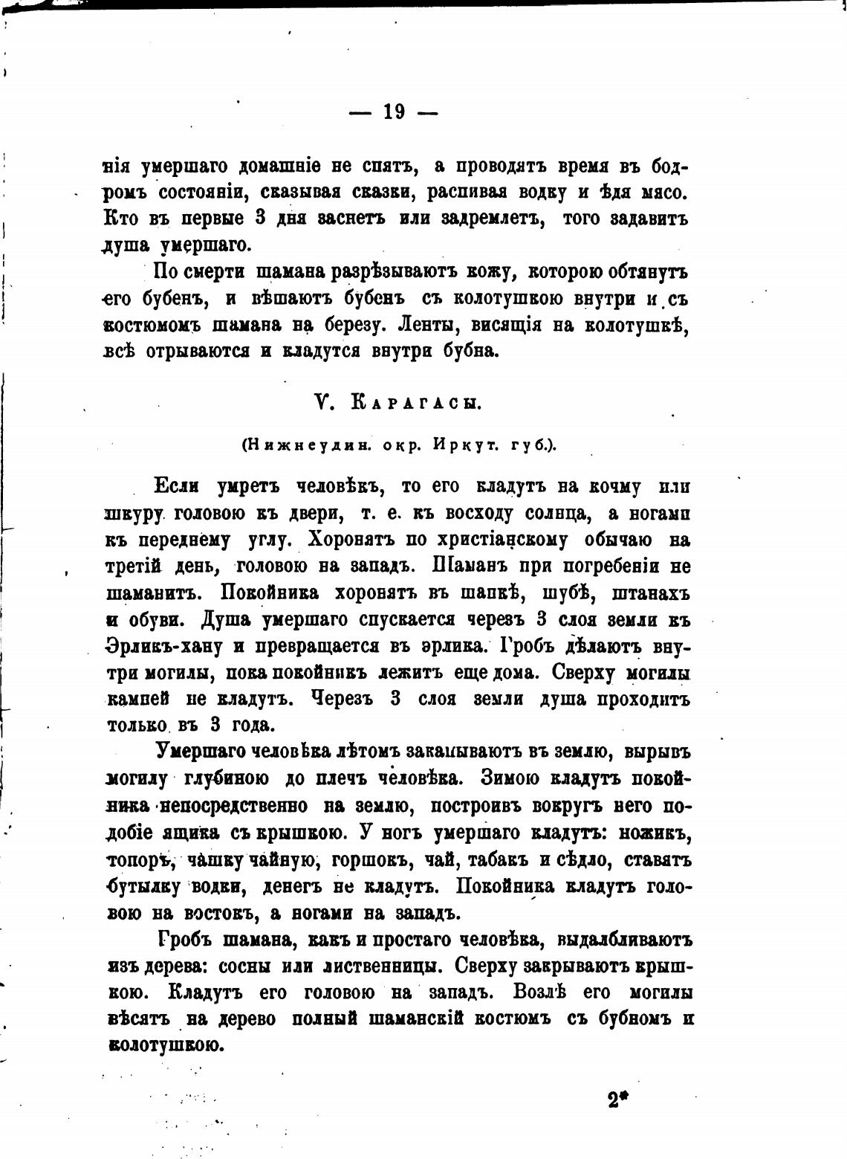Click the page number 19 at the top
(x=394, y=112)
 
